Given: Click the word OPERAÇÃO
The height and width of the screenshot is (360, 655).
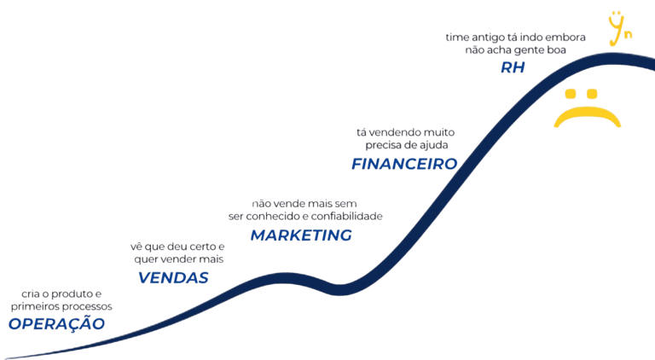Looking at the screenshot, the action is pos(56,324).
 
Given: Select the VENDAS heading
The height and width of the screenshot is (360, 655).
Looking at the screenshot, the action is pos(173,278).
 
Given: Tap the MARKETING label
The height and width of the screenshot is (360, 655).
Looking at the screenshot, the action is pos(300,235).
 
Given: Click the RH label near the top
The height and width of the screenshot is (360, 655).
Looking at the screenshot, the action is pos(513,67).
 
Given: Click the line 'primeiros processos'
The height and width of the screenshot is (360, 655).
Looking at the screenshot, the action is pos(61,305).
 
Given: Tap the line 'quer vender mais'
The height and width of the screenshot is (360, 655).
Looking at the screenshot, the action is pos(178,258).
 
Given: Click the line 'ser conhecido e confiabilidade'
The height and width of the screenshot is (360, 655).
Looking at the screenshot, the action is pos(306,217).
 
